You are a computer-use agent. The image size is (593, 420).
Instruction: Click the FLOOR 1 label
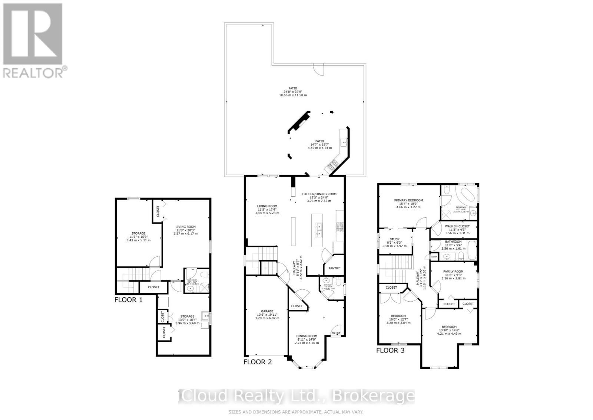[128, 299]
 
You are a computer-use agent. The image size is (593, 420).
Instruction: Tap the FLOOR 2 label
[258, 361]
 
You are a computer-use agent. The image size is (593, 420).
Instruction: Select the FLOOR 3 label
[390, 350]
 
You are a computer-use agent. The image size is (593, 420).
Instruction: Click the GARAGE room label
[267, 311]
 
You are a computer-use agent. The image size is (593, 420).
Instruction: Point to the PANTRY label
[334, 268]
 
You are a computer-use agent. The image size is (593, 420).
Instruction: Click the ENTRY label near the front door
[336, 333]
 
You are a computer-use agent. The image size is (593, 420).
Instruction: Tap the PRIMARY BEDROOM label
[408, 200]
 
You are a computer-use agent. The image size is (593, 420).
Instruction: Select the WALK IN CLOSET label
[457, 226]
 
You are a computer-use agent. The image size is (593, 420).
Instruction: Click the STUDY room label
[394, 239]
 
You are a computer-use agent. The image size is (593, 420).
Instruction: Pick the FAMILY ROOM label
[453, 271]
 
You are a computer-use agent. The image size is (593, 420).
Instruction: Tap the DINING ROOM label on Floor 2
[307, 336]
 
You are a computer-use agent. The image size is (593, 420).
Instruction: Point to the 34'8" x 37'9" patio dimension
[293, 92]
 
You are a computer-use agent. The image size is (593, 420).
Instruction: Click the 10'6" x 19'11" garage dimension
[267, 315]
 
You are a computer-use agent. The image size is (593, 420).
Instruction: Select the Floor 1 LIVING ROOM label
[185, 227]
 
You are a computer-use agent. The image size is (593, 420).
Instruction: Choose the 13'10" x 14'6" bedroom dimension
[449, 330]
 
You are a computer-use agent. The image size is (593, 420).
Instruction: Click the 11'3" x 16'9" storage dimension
[139, 237]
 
